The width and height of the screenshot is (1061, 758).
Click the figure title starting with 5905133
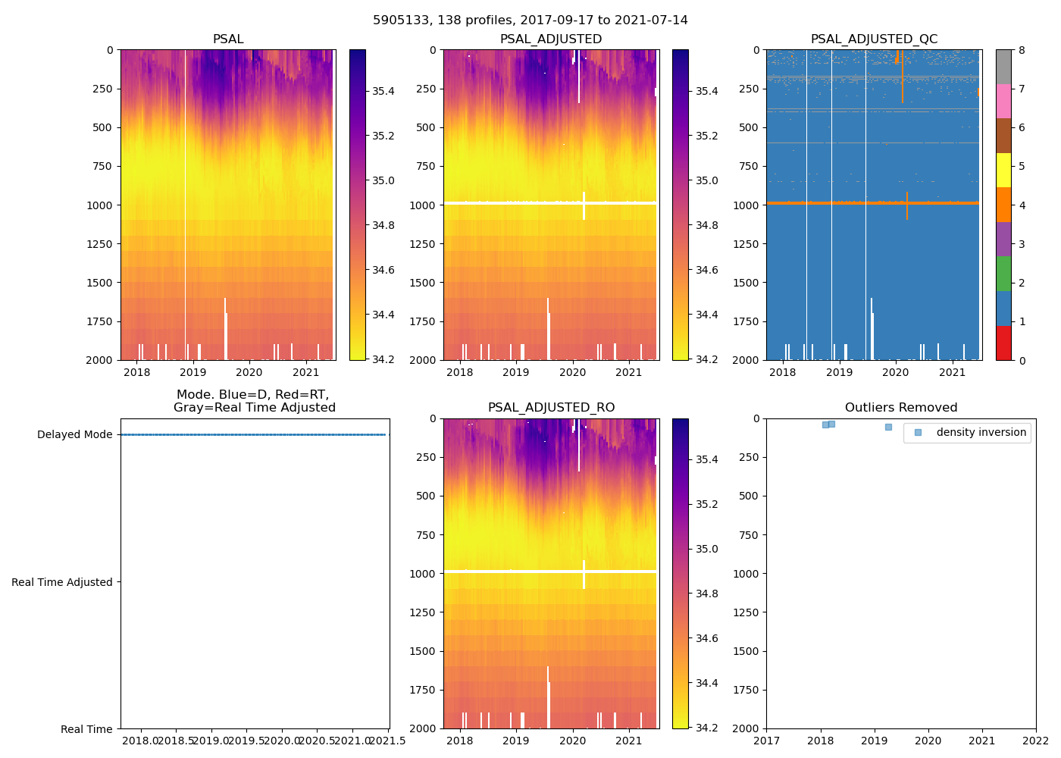click(x=530, y=20)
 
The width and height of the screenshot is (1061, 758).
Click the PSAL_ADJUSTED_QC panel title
click(x=874, y=39)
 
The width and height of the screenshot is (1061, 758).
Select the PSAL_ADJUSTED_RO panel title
click(x=551, y=408)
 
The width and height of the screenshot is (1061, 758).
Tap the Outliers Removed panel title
click(x=901, y=408)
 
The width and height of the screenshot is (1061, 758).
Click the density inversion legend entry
click(x=981, y=433)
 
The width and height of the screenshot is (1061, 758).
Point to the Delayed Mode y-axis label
click(x=74, y=435)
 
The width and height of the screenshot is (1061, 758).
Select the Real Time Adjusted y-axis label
click(x=62, y=582)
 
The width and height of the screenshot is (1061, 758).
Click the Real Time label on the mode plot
click(x=86, y=729)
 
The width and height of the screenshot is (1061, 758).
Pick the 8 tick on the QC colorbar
click(x=1022, y=50)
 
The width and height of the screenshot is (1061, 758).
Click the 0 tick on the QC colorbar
click(x=1022, y=360)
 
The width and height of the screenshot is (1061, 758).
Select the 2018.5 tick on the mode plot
click(x=176, y=741)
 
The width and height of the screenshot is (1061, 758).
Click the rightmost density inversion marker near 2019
click(x=888, y=427)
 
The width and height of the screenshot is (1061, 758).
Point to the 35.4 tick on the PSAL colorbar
click(x=382, y=92)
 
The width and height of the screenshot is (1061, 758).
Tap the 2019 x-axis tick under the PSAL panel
click(x=193, y=372)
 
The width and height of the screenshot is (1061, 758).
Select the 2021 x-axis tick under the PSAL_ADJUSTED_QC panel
click(x=952, y=372)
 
